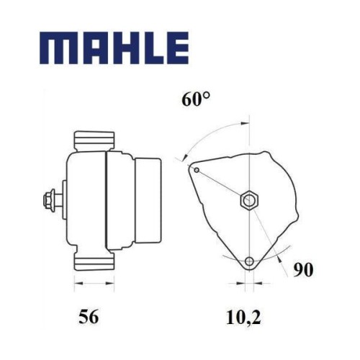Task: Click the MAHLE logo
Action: click(114, 48)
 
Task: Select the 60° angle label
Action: click(196, 99)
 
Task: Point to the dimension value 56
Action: click(89, 317)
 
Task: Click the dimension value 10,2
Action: click(243, 317)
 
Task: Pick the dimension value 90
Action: click(303, 270)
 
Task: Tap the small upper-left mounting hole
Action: click(197, 170)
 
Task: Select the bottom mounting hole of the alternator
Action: click(250, 261)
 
